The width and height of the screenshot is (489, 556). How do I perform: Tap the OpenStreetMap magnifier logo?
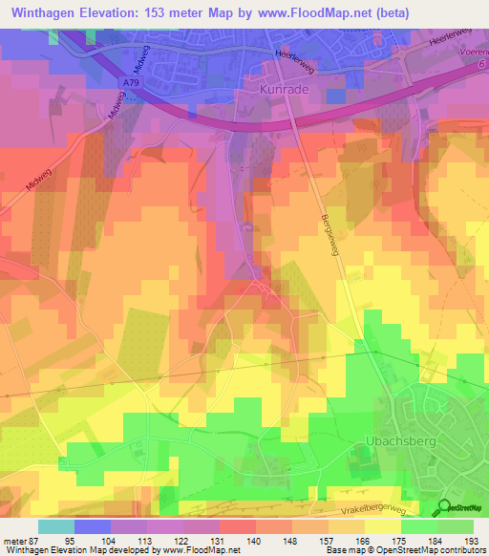(x=447, y=507)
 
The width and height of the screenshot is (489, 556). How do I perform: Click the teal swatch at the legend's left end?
(x=56, y=525)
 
